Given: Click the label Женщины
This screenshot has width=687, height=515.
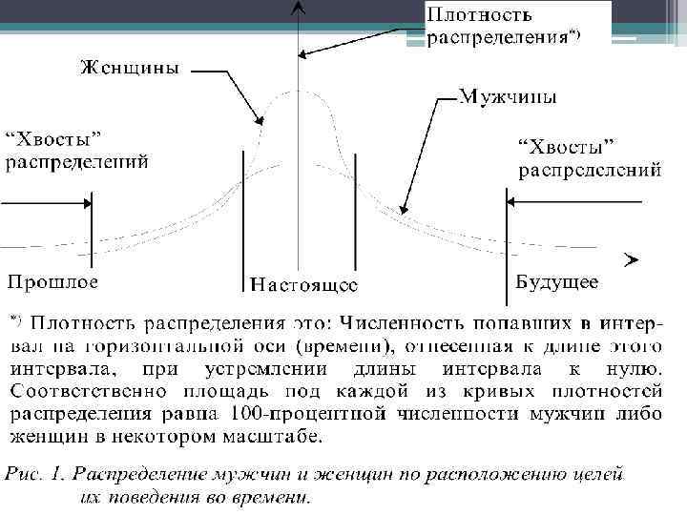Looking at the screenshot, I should pyautogui.click(x=133, y=68).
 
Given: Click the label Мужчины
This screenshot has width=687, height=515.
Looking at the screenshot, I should pyautogui.click(x=509, y=97).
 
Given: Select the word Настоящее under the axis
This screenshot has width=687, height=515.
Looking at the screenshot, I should pyautogui.click(x=303, y=283).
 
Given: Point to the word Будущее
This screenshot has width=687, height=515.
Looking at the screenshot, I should pyautogui.click(x=557, y=281).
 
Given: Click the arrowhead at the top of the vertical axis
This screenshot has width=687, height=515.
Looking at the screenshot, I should pyautogui.click(x=300, y=8).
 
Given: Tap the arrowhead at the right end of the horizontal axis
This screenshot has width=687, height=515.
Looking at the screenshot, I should pyautogui.click(x=630, y=258).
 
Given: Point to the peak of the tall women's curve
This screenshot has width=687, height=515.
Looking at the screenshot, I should pyautogui.click(x=300, y=91).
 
